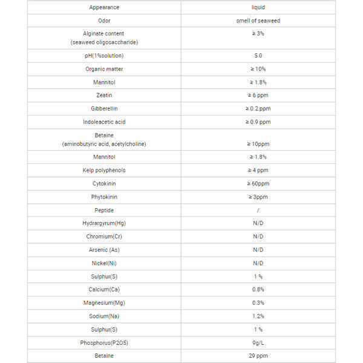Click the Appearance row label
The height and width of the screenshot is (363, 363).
(104, 7)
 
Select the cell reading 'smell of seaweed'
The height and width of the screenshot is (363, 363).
(258, 21)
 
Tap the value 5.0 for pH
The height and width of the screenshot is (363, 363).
(258, 56)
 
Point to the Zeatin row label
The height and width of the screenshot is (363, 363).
(104, 96)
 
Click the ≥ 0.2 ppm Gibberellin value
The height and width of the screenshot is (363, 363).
(258, 109)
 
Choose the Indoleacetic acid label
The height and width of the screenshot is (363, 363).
(104, 122)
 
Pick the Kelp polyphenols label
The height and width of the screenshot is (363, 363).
(104, 171)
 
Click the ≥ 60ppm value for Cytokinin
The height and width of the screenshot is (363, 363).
(258, 184)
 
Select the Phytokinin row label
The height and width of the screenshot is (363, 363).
(104, 197)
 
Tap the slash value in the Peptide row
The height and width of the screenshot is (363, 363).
(258, 211)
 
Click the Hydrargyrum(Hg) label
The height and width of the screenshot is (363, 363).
(104, 223)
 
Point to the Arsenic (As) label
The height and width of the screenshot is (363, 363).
(104, 250)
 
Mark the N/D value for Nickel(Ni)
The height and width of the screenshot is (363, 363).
(258, 263)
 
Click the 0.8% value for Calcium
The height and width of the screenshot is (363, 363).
(258, 290)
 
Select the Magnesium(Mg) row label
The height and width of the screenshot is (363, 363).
(104, 302)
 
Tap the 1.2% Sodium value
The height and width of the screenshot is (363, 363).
(258, 316)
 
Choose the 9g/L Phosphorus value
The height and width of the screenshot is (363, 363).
(258, 342)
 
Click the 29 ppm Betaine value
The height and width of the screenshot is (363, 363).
(258, 356)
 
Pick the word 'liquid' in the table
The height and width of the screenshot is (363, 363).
(258, 7)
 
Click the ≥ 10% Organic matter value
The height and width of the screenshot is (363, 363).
(258, 69)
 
